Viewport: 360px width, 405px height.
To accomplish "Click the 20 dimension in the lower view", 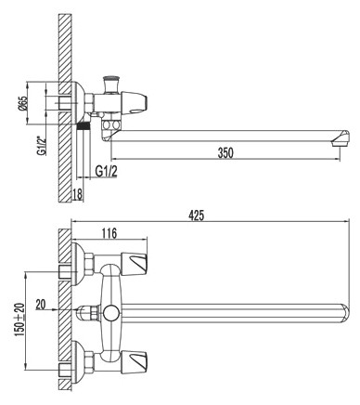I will (39, 303).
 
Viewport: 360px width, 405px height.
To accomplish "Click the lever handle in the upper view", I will (143, 101).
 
